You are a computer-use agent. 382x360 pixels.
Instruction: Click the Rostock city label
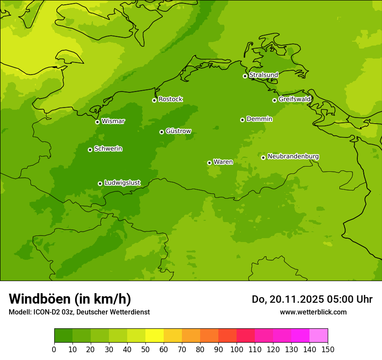pyautogui.click(x=170, y=99)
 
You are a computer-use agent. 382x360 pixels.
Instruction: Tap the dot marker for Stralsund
pyautogui.click(x=245, y=76)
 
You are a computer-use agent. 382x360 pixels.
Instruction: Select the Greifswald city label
pyautogui.click(x=294, y=99)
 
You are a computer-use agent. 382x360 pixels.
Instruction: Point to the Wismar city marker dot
pyautogui.click(x=97, y=122)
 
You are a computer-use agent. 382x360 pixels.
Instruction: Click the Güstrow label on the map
pyautogui.click(x=178, y=131)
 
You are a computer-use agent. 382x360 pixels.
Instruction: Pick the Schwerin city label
pyautogui.click(x=108, y=149)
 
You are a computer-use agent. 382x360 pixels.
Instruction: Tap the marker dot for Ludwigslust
pyautogui.click(x=100, y=183)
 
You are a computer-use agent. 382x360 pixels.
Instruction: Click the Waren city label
pyautogui.click(x=223, y=162)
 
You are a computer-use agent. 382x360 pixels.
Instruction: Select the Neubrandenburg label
pyautogui.click(x=293, y=157)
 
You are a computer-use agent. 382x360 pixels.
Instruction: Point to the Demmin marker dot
pyautogui.click(x=242, y=120)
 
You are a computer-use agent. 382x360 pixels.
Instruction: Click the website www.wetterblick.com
pyautogui.click(x=313, y=312)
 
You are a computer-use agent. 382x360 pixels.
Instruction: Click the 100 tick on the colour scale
pyautogui.click(x=237, y=350)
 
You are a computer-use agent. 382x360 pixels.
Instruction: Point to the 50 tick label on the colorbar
pyautogui.click(x=145, y=350)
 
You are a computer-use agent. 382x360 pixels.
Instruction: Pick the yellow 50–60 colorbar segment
pyautogui.click(x=155, y=336)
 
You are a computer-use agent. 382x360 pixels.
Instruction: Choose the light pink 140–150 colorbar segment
pyautogui.click(x=319, y=336)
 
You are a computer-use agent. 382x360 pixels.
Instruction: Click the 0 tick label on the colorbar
pyautogui.click(x=54, y=350)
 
